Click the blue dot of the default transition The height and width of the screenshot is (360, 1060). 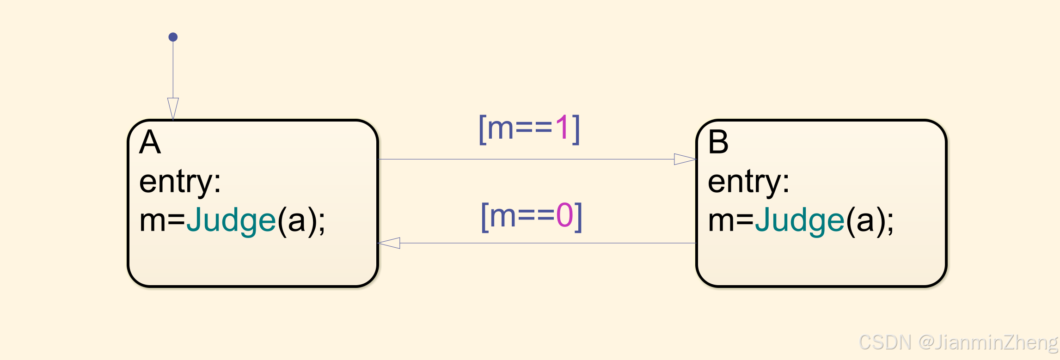pos(173,37)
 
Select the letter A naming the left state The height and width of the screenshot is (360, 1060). pos(150,142)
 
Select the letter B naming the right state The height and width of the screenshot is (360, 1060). pos(718,142)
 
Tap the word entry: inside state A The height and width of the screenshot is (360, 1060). pos(180,182)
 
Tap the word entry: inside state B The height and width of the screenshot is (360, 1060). pos(748,182)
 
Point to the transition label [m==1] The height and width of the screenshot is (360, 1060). pos(529,128)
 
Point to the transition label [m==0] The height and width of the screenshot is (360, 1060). pos(531,216)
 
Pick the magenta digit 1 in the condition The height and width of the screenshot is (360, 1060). pos(562,128)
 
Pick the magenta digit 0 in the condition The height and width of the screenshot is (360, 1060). pos(564,216)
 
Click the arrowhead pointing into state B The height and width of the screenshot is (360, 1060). pos(685,159)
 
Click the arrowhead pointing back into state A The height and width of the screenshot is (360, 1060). pos(389,243)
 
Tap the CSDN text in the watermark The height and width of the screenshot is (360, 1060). pos(885,342)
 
